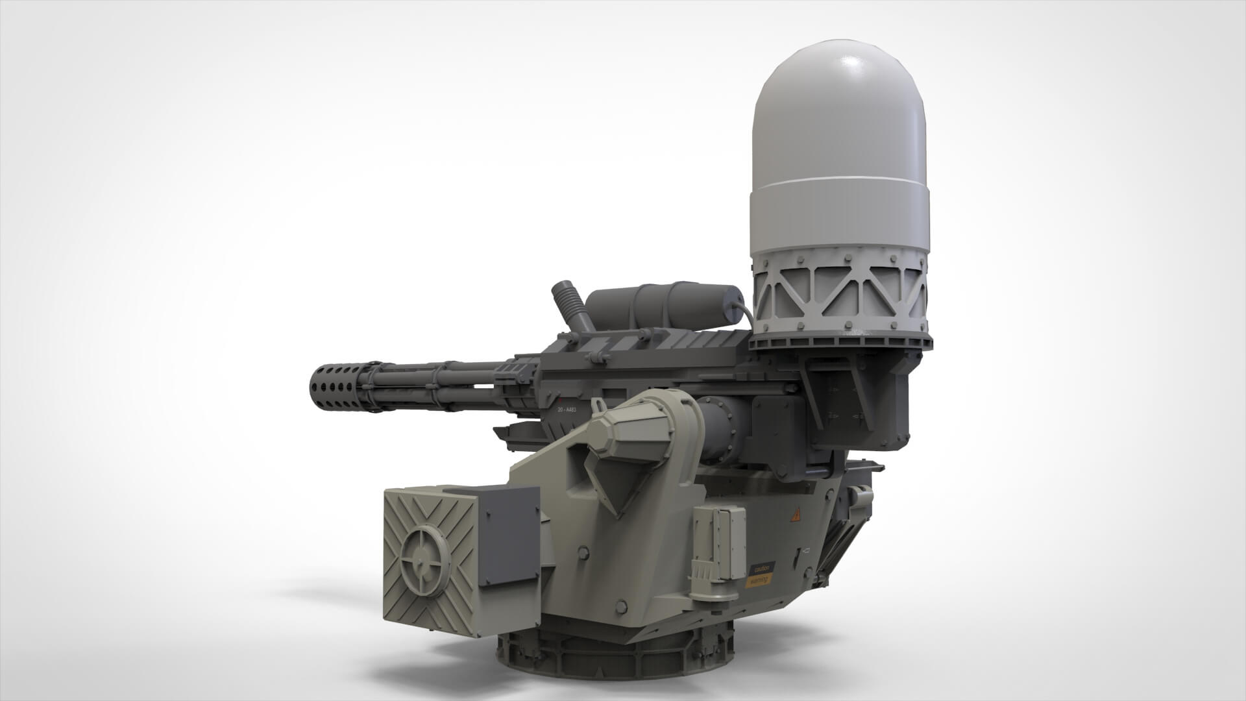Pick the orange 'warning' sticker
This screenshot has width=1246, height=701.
pos(760,580)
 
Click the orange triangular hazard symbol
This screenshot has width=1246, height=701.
pos(794,516)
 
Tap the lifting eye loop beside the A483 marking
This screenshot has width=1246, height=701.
pos(598,406)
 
